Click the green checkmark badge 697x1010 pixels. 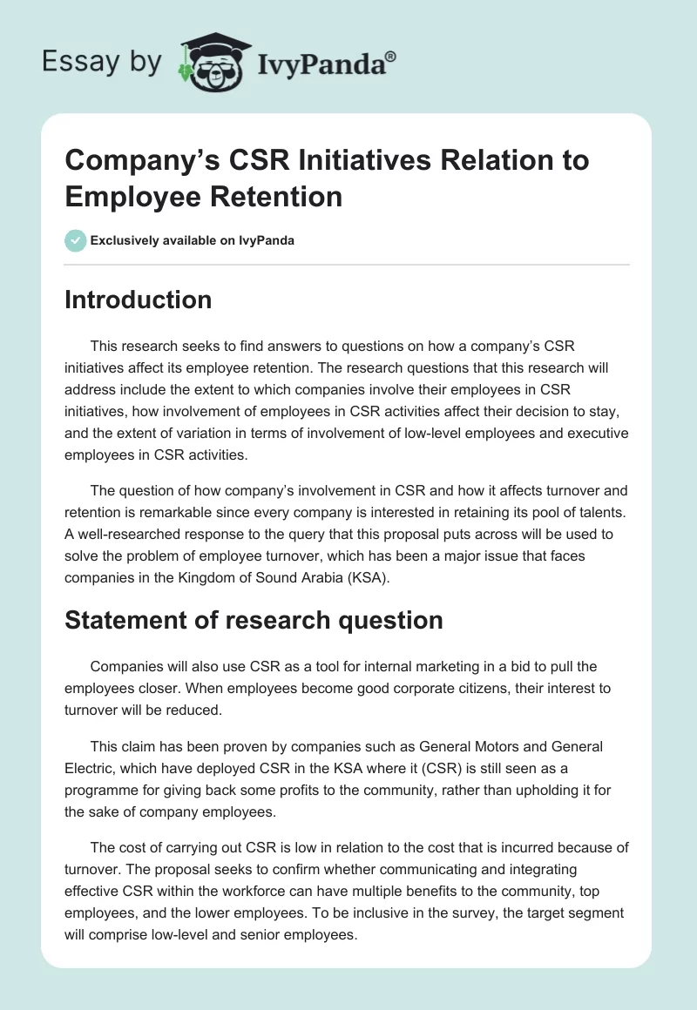pos(76,240)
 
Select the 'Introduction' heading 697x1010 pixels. pos(139,300)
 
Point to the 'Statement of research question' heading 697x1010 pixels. pos(254,620)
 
